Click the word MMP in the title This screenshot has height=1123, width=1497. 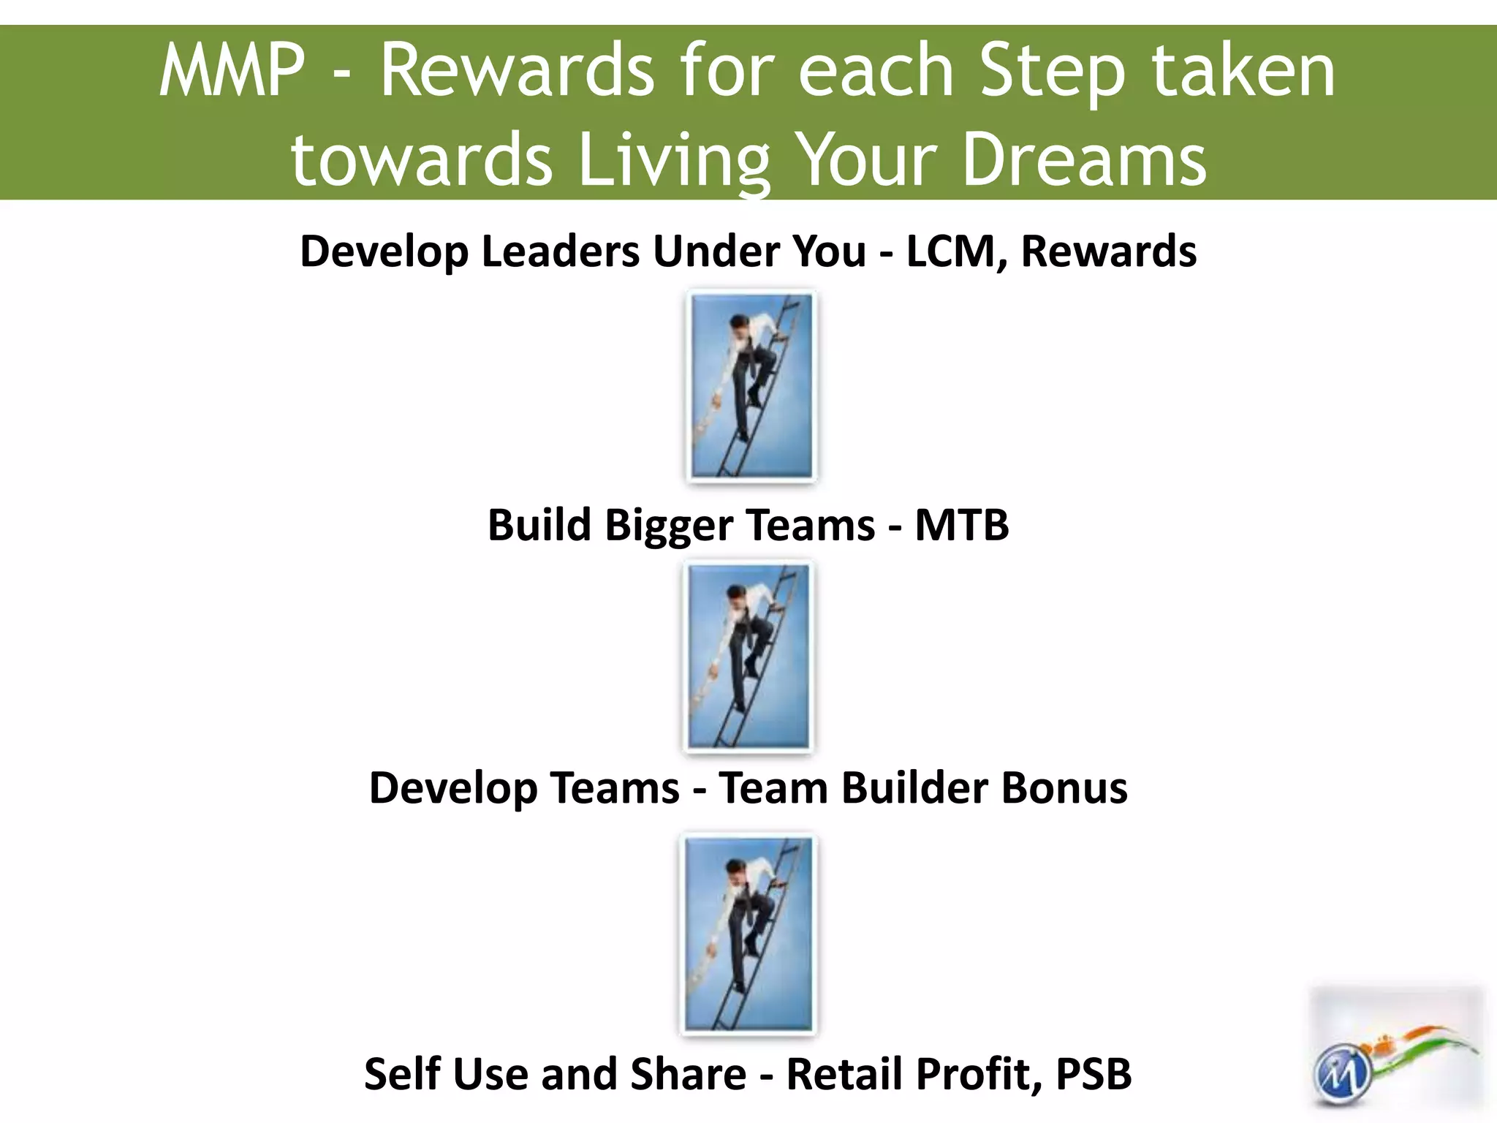pyautogui.click(x=231, y=71)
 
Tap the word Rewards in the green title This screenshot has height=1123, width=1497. pyautogui.click(x=517, y=71)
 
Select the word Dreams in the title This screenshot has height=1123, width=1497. pyautogui.click(x=1084, y=159)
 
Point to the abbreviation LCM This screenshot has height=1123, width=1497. pyautogui.click(x=955, y=251)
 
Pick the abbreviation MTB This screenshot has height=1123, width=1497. pyautogui.click(x=961, y=525)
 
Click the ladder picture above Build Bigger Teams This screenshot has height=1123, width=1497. pyautogui.click(x=751, y=386)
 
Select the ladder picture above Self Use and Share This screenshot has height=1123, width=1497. pyautogui.click(x=748, y=934)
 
